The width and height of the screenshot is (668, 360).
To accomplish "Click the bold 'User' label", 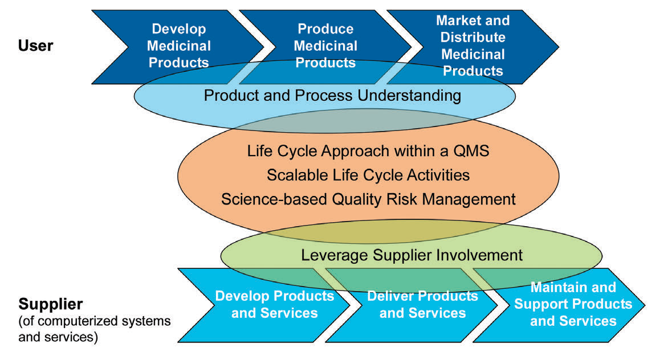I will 36,45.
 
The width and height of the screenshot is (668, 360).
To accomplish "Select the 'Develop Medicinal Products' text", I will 180,46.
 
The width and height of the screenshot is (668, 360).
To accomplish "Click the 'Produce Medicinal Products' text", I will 326,46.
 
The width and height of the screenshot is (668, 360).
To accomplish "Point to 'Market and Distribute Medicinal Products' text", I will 473,46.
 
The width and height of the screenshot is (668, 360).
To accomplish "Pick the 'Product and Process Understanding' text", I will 332,95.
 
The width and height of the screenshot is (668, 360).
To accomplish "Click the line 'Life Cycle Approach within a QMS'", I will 368,152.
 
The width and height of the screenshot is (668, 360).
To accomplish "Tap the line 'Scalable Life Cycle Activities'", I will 368,175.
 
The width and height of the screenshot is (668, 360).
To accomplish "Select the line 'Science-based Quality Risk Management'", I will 368,199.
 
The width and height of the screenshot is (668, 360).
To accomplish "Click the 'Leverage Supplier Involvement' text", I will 412,255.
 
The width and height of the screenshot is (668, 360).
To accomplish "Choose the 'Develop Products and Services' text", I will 274,304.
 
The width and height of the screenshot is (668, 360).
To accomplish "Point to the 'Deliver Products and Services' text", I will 422,304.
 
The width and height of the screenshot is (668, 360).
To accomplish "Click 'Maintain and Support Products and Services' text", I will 573,304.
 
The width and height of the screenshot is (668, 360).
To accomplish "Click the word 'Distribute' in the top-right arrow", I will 473,38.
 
